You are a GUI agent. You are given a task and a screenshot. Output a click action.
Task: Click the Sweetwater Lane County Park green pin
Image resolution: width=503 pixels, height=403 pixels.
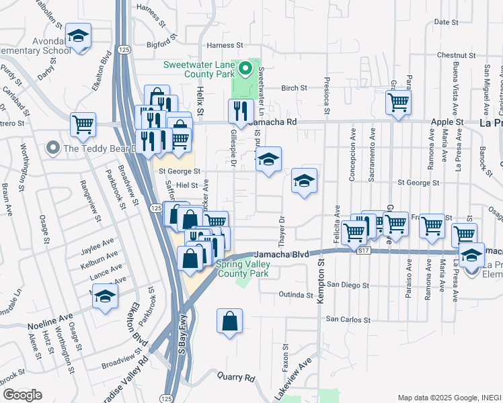(x=246, y=69)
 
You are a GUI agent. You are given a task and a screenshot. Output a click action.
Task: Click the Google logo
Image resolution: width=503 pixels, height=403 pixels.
(x=22, y=394)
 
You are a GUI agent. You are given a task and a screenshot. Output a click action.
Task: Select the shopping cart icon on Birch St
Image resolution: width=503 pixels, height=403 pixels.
(x=398, y=103)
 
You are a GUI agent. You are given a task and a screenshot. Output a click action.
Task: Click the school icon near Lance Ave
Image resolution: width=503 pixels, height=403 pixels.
(x=105, y=296)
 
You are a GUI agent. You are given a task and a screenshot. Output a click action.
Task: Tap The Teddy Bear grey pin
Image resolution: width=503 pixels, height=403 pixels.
(x=51, y=148)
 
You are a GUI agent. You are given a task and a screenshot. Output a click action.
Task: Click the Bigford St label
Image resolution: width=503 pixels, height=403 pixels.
(x=176, y=45)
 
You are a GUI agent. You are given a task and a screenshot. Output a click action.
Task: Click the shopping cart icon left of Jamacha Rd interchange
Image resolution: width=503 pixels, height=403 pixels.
(x=83, y=123)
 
